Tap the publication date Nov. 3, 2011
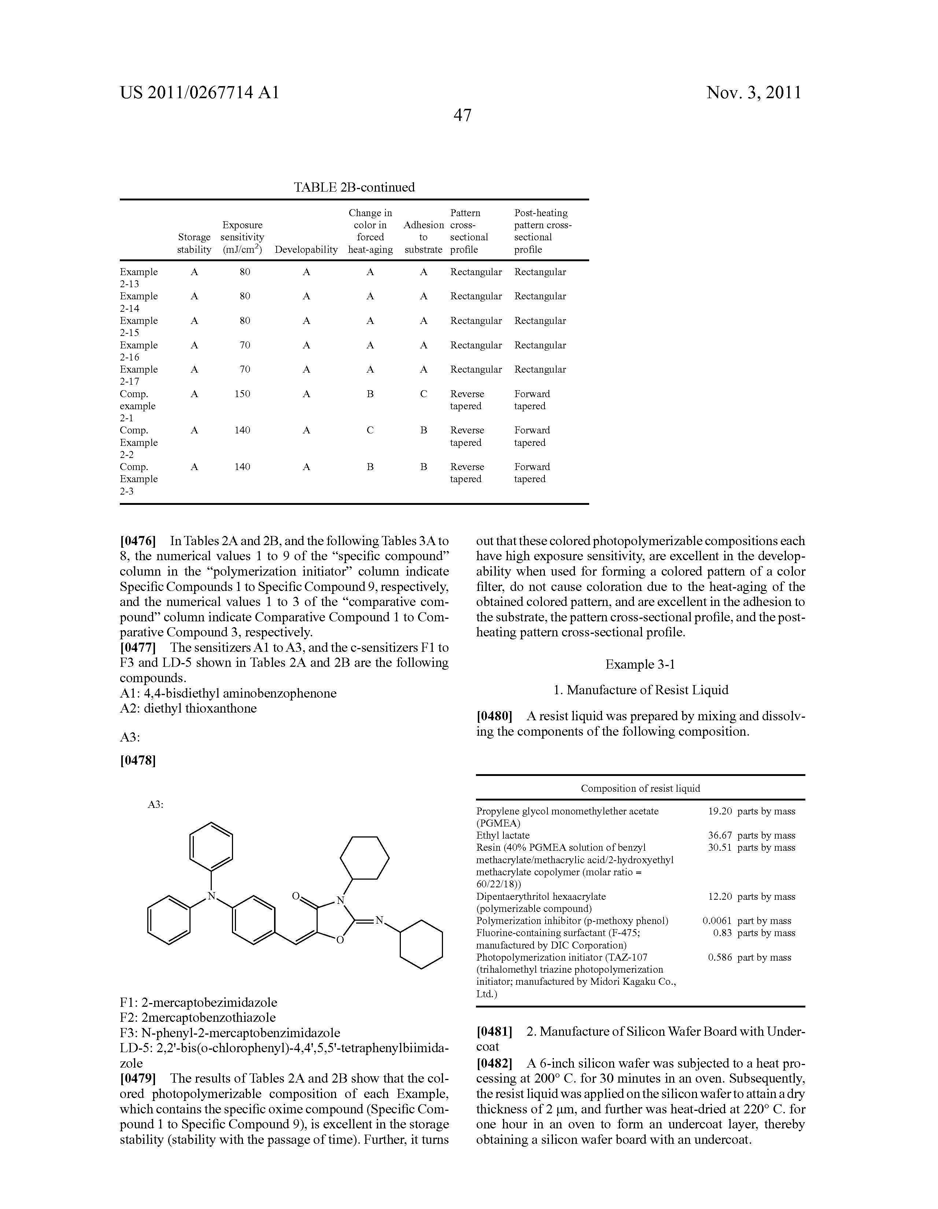pyautogui.click(x=754, y=92)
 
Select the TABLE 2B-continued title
pyautogui.click(x=354, y=187)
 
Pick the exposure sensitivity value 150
pyautogui.click(x=243, y=394)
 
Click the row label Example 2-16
pyautogui.click(x=139, y=351)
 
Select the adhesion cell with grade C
pyautogui.click(x=424, y=394)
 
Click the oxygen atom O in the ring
pyautogui.click(x=340, y=940)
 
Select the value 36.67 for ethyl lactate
pyautogui.click(x=720, y=835)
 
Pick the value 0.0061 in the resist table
pyautogui.click(x=717, y=921)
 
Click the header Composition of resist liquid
pyautogui.click(x=640, y=788)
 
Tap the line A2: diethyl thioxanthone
pyautogui.click(x=188, y=709)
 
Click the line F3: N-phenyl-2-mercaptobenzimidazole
pyautogui.click(x=230, y=1033)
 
